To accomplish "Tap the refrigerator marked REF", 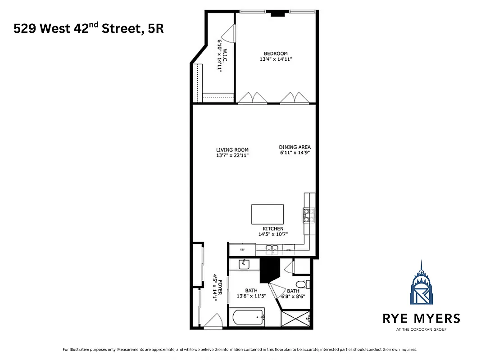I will [x=242, y=250].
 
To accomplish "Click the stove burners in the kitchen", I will [x=309, y=215].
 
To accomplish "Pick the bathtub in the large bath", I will [x=248, y=318].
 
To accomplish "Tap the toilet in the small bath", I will [x=306, y=284].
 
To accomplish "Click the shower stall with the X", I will [x=295, y=319].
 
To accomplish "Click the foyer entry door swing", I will [x=212, y=321].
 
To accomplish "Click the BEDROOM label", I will [x=276, y=54].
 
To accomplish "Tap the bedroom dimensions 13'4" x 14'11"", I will [x=276, y=59].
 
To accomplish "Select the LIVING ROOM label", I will [x=232, y=150].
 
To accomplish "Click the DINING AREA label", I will [x=295, y=147].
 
